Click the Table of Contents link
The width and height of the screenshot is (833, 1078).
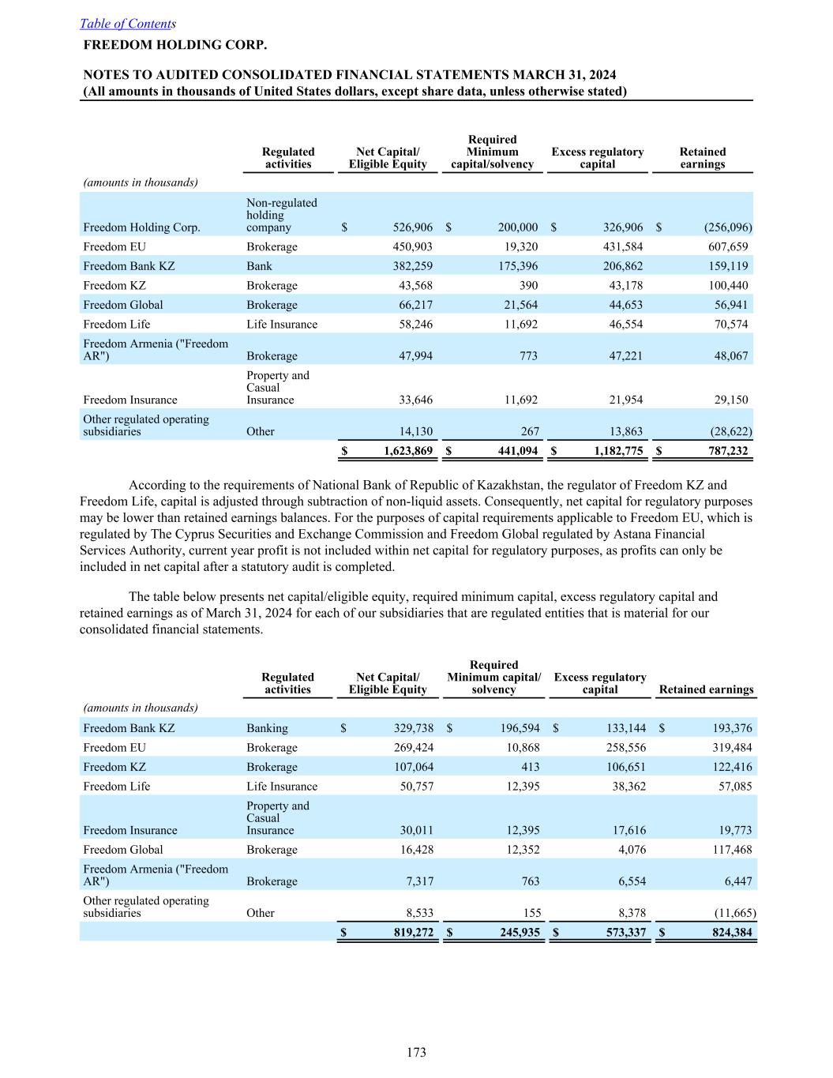126,24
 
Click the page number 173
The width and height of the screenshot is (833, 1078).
416,1052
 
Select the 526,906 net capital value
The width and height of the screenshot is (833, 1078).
412,227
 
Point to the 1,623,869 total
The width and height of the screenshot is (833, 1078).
408,452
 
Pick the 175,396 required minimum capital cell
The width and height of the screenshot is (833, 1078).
518,266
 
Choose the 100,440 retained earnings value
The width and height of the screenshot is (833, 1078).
728,286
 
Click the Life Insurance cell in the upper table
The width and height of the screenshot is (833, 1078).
281,325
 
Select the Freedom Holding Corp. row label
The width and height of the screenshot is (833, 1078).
141,227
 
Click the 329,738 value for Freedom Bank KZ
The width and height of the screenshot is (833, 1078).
413,729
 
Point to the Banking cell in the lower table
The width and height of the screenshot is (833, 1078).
267,729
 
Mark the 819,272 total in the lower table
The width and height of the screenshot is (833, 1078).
413,933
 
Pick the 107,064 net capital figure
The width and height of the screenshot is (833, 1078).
413,768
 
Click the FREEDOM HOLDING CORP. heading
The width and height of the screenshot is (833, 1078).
174,45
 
